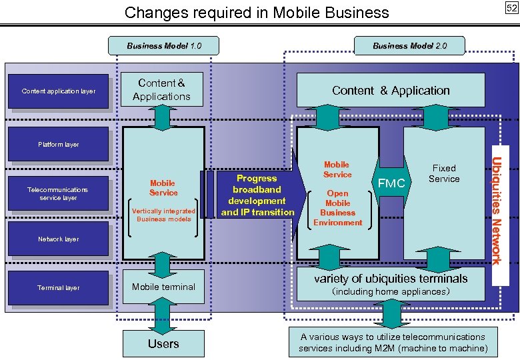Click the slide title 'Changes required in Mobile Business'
coord(257,12)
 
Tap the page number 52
coord(511,8)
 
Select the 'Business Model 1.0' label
coord(163,46)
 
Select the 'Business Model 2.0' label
coord(409,46)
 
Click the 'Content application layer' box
coord(59,91)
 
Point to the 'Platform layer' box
coord(59,145)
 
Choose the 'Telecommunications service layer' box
coord(59,194)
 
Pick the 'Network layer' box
coord(59,239)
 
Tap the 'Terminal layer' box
coord(59,288)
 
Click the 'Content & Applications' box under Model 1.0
coord(161,90)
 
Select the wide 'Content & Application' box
coord(391,91)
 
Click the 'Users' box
coord(163,344)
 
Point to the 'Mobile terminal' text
coord(163,287)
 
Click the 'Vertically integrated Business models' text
coord(163,215)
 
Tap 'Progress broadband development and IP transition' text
coord(257,195)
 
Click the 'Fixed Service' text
coord(444,173)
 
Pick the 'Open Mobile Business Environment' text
coord(337,207)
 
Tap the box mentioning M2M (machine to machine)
coord(392,342)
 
